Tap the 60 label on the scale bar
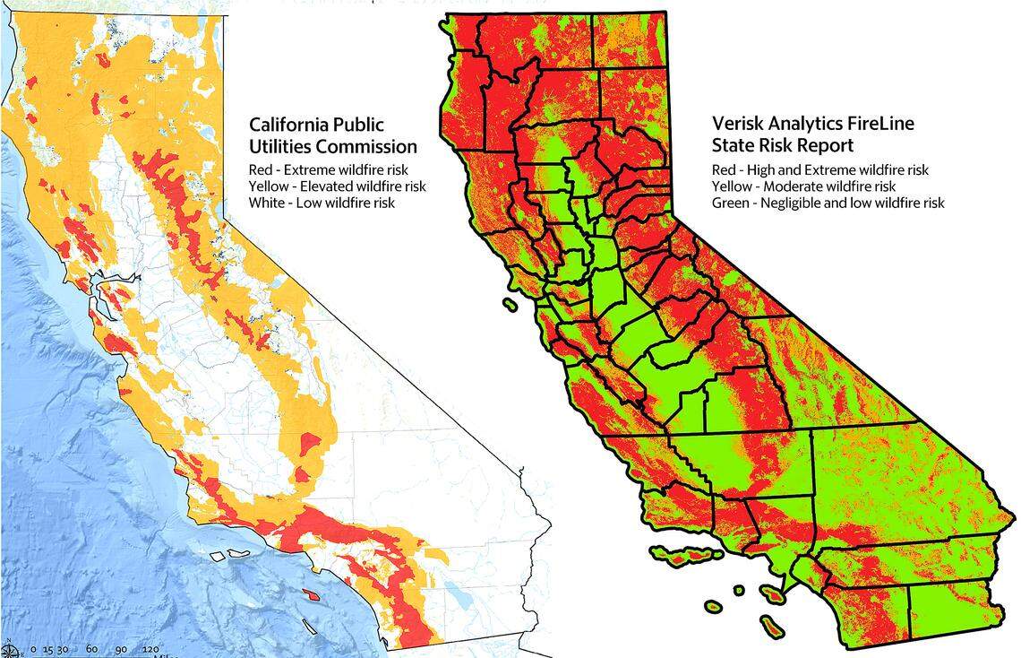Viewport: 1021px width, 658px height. click(x=91, y=649)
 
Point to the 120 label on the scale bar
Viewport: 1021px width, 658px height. click(x=150, y=649)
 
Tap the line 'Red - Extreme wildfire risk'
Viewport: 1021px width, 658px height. click(x=323, y=170)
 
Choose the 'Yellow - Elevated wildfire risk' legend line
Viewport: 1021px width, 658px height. click(x=338, y=186)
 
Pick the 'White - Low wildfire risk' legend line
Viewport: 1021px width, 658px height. click(x=322, y=203)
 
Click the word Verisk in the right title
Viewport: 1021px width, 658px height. click(x=737, y=124)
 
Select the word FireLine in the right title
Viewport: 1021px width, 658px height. click(x=883, y=124)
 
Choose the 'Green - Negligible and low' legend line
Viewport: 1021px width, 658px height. click(x=828, y=203)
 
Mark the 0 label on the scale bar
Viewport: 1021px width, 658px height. click(x=33, y=649)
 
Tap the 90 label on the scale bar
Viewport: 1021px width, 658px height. click(x=121, y=649)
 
